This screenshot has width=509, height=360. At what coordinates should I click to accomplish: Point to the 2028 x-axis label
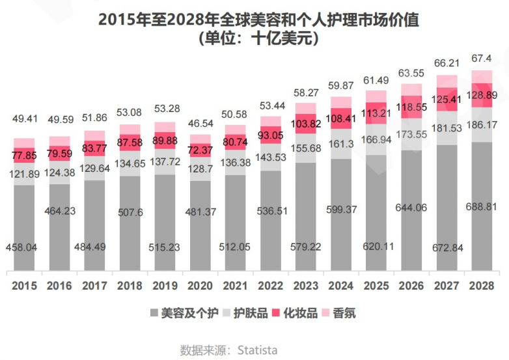pos(482,285)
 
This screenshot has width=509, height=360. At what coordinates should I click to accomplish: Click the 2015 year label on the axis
pos(24,285)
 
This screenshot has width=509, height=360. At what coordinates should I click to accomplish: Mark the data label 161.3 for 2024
pos(341,143)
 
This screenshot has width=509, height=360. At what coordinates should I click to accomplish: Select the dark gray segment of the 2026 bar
pos(411,208)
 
